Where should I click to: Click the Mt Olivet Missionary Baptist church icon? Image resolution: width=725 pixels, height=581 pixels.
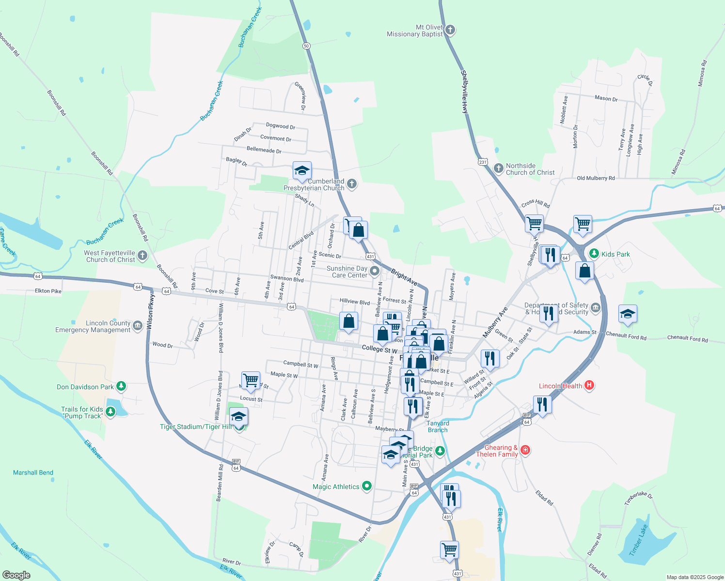(x=450, y=31)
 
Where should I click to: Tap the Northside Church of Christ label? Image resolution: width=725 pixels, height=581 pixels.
(x=530, y=169)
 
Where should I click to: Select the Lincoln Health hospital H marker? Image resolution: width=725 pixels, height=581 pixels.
(x=589, y=385)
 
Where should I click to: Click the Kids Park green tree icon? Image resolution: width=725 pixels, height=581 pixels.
(x=594, y=254)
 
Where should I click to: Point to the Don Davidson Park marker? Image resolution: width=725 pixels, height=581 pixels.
(x=121, y=386)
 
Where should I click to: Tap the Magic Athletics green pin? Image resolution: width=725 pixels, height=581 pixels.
(x=367, y=486)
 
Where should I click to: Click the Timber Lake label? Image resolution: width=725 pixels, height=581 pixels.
(x=638, y=540)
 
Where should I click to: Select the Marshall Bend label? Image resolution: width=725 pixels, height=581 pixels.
(x=33, y=473)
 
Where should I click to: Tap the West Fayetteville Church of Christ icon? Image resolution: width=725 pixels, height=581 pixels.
(x=142, y=256)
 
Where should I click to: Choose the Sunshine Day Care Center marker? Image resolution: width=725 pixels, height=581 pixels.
(x=374, y=271)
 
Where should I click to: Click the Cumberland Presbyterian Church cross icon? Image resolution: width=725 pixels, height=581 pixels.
(x=352, y=184)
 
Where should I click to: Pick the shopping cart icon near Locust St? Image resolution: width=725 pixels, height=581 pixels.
(x=251, y=380)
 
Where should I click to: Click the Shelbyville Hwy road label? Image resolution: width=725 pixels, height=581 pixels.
(x=464, y=92)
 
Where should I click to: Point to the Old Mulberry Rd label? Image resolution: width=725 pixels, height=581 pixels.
(x=596, y=178)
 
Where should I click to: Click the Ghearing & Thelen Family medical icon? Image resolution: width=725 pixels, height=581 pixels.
(x=525, y=450)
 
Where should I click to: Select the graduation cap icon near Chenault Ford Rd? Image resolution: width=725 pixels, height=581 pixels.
(x=628, y=314)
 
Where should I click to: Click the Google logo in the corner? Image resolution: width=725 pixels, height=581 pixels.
(x=16, y=575)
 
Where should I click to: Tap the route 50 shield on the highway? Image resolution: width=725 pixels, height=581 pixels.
(x=306, y=46)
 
